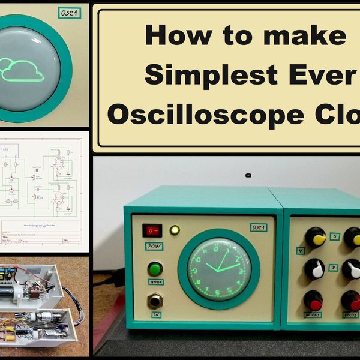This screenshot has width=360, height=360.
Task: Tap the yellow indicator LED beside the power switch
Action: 175,230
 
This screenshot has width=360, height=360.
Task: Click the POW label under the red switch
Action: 153,246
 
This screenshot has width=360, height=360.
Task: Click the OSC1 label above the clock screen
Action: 259,227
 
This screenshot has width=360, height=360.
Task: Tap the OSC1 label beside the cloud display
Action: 69,13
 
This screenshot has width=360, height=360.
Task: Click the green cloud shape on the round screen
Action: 22,70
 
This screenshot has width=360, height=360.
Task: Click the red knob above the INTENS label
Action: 313,299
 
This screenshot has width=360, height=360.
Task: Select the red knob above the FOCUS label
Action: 351,299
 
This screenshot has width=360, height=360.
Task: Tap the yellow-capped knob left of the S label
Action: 315,237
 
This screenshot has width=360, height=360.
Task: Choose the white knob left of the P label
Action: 314,268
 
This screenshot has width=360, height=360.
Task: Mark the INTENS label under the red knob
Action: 313,314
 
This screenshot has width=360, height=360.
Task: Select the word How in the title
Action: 172,35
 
